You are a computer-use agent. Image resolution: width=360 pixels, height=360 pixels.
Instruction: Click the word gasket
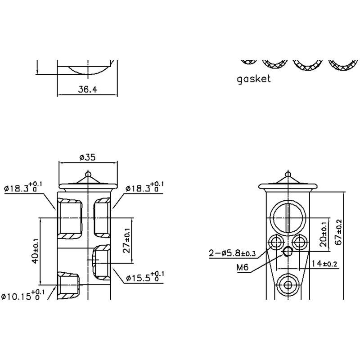click(254, 79)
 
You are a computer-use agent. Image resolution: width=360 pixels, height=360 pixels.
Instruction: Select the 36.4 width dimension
click(87, 89)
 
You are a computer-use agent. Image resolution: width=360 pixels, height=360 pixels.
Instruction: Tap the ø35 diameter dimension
click(87, 157)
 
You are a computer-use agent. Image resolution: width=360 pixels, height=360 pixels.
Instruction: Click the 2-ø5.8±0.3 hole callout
click(232, 254)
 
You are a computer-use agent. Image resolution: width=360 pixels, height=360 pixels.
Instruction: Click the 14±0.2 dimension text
click(324, 264)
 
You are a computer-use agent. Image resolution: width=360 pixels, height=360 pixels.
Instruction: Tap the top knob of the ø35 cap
click(88, 172)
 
